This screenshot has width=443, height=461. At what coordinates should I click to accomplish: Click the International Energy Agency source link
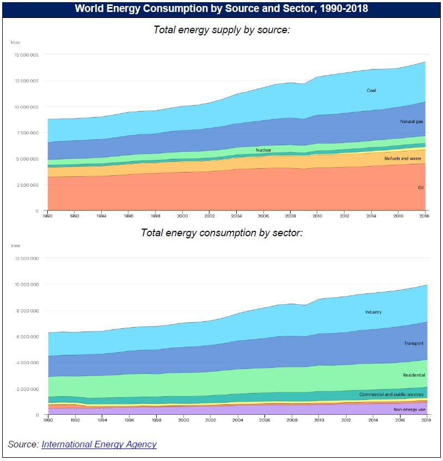99,444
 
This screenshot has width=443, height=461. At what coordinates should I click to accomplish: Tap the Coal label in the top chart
371,90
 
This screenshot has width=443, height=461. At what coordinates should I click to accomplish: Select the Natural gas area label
411,122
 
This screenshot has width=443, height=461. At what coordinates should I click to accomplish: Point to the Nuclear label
263,150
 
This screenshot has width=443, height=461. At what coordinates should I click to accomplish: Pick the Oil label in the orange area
421,187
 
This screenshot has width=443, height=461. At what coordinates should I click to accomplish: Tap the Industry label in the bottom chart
373,312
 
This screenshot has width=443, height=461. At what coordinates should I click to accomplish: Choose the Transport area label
414,343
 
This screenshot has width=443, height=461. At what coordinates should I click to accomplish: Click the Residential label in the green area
414,375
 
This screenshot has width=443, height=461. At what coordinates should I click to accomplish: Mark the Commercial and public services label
392,394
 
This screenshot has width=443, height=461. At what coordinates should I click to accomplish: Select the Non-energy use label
409,408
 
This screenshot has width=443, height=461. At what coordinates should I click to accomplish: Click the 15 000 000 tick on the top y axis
27,54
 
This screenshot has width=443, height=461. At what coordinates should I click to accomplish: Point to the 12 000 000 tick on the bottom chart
27,259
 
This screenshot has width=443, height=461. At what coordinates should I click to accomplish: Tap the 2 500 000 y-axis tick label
28,185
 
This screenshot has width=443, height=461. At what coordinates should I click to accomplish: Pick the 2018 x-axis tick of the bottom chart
426,420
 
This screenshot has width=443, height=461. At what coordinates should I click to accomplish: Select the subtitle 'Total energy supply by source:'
221,30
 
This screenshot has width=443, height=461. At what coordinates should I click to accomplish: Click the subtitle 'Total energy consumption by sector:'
221,232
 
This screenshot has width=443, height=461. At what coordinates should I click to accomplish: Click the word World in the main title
88,9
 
